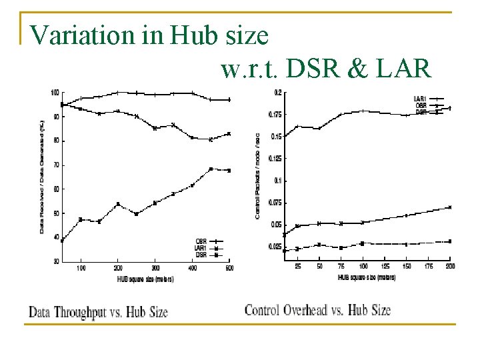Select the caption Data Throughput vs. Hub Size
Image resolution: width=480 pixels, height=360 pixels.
click(x=98, y=311)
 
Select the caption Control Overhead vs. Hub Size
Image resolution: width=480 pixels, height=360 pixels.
click(x=317, y=310)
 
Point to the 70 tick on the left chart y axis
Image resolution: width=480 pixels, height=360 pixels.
click(x=55, y=165)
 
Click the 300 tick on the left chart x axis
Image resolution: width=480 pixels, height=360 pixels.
click(x=155, y=268)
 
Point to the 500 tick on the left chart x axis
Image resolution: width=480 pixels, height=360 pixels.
click(x=229, y=268)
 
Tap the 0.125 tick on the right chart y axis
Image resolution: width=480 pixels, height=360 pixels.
click(x=275, y=159)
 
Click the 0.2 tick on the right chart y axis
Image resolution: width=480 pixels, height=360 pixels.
click(x=277, y=92)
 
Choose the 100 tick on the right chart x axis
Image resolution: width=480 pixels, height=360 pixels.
click(x=363, y=267)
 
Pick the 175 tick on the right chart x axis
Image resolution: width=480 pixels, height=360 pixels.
click(x=428, y=267)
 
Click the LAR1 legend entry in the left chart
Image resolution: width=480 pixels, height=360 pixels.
click(x=200, y=248)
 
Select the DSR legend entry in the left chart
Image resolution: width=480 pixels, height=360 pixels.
click(x=200, y=255)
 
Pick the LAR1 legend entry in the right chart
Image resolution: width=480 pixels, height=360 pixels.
click(x=421, y=99)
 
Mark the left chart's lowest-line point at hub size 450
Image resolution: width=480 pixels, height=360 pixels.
click(x=211, y=169)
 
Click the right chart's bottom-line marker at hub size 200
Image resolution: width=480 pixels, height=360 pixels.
click(x=450, y=241)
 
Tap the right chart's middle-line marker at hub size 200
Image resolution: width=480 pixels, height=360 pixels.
click(x=450, y=207)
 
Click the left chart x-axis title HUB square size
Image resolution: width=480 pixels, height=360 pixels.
click(x=146, y=279)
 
